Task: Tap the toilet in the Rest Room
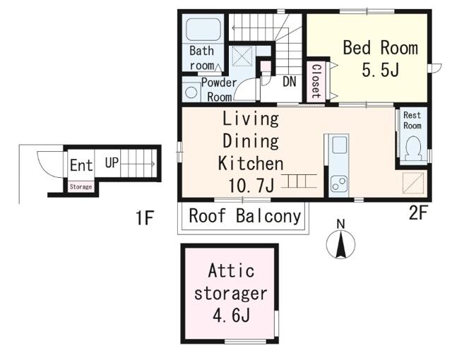coord(412,148)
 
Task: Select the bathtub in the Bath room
coord(203,30)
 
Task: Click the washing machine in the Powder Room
coord(191,92)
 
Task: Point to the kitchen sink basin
coord(340,145)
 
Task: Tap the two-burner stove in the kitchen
coord(339,184)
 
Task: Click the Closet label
coord(316,81)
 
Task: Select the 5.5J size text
coord(380,70)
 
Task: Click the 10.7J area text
coord(251,185)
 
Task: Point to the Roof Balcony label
coord(245,216)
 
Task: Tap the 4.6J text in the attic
coord(231,315)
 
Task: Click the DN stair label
coord(290,81)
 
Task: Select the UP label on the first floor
coord(112,163)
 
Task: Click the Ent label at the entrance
coord(81,165)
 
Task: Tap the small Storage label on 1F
coord(81,186)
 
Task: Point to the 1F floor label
coord(144,217)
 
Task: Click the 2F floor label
coord(417,213)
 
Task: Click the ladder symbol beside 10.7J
coord(299,181)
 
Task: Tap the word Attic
coord(231,270)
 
